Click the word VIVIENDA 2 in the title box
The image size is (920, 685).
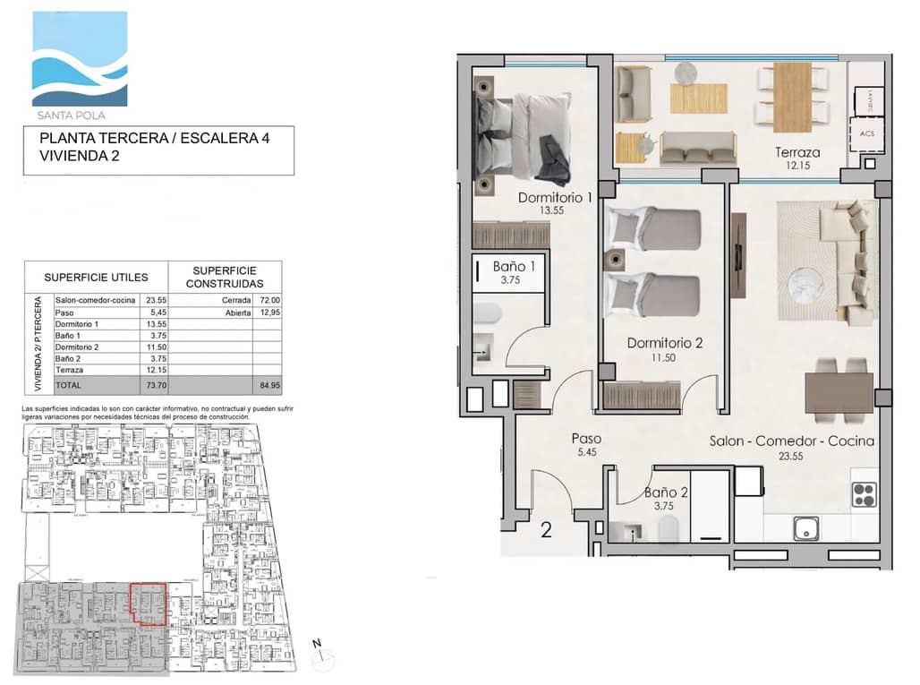[79, 155]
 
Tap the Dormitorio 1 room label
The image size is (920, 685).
[555, 198]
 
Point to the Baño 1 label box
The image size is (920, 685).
[514, 271]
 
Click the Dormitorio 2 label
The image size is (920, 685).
[664, 342]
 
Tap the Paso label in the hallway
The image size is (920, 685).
[586, 440]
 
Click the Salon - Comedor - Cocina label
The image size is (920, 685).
[791, 441]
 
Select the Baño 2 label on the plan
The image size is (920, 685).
[666, 492]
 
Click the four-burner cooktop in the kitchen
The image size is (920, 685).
[863, 494]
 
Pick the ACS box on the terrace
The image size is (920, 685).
[866, 133]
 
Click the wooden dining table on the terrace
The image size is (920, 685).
[791, 97]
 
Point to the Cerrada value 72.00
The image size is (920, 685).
[268, 301]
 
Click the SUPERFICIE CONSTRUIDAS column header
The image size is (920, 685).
[225, 276]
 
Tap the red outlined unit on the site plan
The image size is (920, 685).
[149, 603]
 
